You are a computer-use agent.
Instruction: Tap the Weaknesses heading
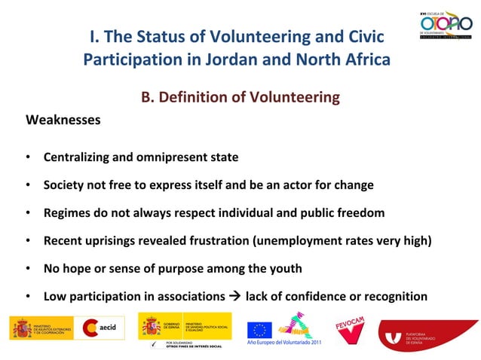click(x=63, y=120)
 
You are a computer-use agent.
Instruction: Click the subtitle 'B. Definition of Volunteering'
click(x=240, y=97)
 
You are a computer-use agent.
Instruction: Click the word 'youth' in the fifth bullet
click(x=286, y=268)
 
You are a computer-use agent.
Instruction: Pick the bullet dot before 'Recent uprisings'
click(x=27, y=240)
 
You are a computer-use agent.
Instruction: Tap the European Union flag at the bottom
click(x=260, y=330)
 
